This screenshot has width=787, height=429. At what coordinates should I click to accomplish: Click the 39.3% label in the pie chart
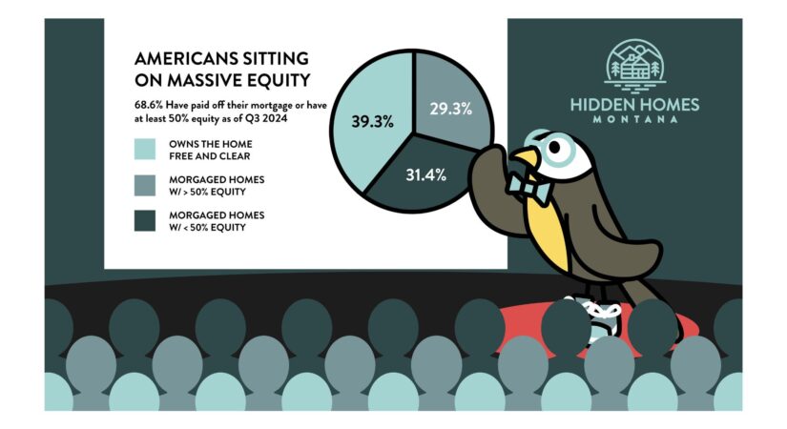click(372, 121)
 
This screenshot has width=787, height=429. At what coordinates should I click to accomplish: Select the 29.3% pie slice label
click(450, 109)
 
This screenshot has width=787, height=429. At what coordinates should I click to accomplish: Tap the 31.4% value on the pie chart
click(425, 175)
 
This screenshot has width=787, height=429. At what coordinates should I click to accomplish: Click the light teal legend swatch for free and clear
click(145, 149)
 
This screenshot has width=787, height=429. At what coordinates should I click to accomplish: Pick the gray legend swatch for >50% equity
click(145, 185)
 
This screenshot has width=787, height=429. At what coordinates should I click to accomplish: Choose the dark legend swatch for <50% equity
click(145, 221)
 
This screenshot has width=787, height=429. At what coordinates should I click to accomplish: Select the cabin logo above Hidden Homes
click(635, 66)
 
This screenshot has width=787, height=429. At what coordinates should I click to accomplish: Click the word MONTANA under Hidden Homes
click(635, 119)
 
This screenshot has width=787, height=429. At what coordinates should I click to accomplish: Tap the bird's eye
click(554, 148)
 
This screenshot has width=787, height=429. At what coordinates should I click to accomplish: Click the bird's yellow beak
click(525, 155)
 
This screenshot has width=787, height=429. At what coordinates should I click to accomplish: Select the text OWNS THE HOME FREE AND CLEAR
click(210, 150)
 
